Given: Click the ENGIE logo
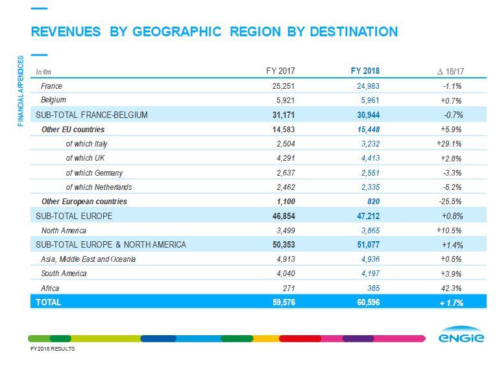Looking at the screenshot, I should (461, 338).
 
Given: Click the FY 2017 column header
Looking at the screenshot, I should (280, 71).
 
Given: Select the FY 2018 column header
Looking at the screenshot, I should (364, 71).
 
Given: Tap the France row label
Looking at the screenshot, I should (51, 86).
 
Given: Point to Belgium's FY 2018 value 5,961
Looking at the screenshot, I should (368, 100).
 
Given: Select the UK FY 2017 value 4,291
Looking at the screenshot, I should (284, 158).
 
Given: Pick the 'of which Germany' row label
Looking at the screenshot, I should (94, 173).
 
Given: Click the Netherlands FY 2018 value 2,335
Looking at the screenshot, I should (368, 187).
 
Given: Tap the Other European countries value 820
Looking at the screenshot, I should (372, 202).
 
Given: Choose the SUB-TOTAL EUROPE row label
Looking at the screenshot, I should (74, 216).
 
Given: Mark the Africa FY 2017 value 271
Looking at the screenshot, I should (289, 288).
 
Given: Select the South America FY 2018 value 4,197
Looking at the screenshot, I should (368, 274).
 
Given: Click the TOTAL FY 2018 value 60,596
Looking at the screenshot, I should (365, 302).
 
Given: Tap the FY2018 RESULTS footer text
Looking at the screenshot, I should (53, 349).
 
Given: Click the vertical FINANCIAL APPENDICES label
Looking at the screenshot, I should (21, 91).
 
